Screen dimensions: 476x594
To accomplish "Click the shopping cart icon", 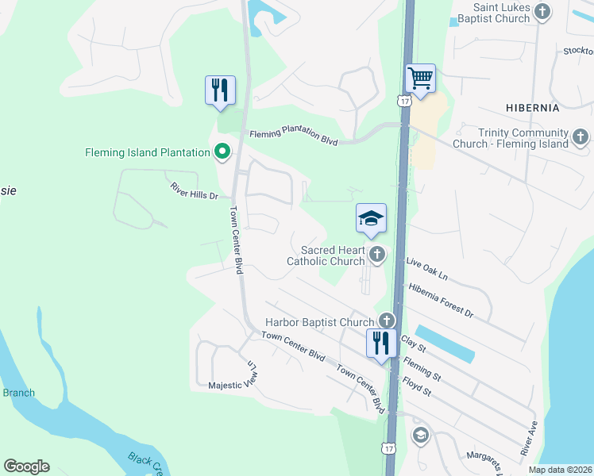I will click(x=420, y=79).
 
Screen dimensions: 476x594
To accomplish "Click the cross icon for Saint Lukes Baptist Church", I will click(x=542, y=11).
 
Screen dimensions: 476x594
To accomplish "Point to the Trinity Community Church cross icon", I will click(x=580, y=136).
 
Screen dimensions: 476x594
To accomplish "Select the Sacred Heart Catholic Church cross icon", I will click(x=377, y=255).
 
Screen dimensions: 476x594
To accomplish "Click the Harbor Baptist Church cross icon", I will click(x=386, y=321).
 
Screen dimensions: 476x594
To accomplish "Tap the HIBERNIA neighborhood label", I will click(x=532, y=107).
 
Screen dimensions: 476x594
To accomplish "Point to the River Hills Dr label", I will click(x=193, y=190).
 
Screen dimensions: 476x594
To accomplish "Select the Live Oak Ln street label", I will click(x=426, y=268).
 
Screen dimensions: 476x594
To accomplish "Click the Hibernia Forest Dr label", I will click(x=440, y=301).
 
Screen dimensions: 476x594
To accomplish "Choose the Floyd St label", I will click(x=416, y=388).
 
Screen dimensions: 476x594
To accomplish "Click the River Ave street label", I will click(x=529, y=438).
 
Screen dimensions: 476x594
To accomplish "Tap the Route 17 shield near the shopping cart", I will click(x=404, y=102).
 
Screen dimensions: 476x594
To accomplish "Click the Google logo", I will click(x=26, y=466).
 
